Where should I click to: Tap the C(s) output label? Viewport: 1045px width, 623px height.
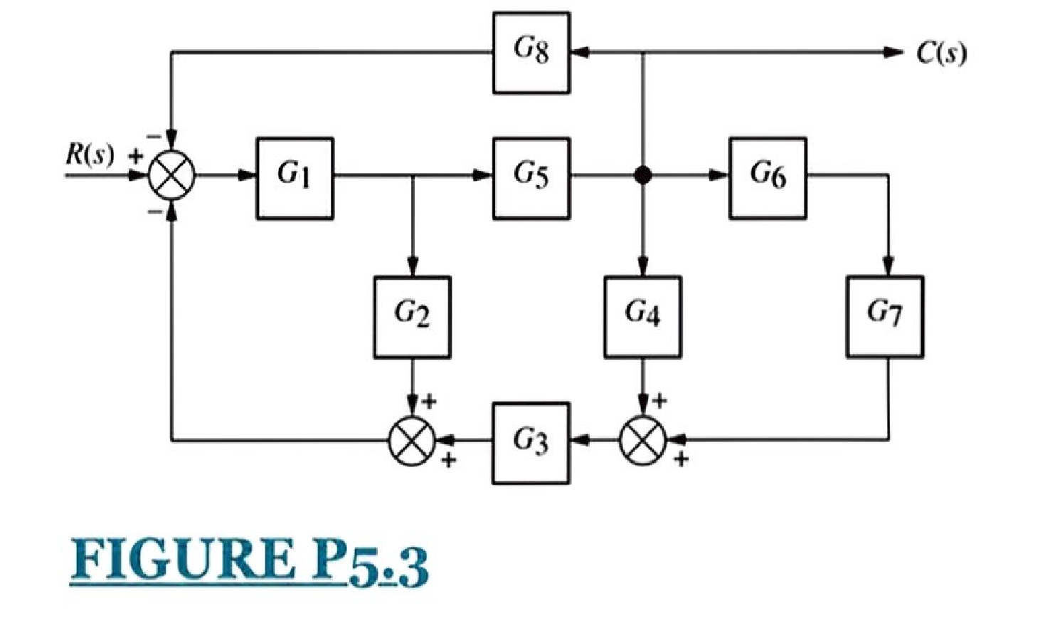click(x=941, y=53)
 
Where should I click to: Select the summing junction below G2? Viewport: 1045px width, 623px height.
click(x=412, y=441)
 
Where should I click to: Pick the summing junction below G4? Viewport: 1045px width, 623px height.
click(x=642, y=441)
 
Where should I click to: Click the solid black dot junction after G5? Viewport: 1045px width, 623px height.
click(x=642, y=175)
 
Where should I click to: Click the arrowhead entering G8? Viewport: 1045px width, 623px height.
click(x=578, y=52)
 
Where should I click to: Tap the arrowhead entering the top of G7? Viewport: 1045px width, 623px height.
click(x=887, y=266)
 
